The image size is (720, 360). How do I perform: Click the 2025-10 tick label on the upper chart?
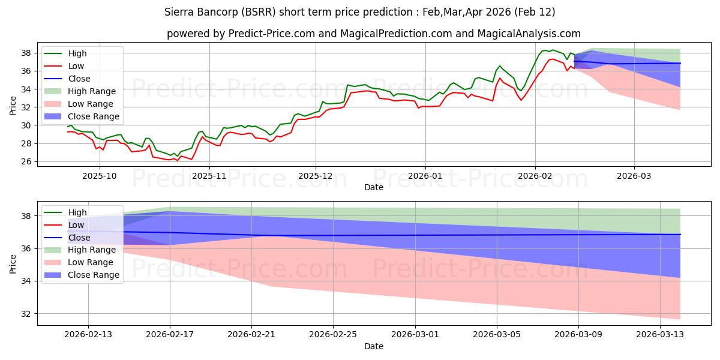pyautogui.click(x=100, y=176)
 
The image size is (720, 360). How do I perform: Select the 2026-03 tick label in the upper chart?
pyautogui.click(x=634, y=176)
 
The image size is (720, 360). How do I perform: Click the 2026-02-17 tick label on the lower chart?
pyautogui.click(x=170, y=335)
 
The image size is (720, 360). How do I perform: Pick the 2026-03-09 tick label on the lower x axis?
pyautogui.click(x=579, y=335)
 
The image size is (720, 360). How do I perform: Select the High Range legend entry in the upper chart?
pyautogui.click(x=91, y=91)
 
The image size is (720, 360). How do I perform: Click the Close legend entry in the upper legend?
pyautogui.click(x=79, y=79)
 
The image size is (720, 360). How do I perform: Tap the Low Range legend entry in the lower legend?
pyautogui.click(x=90, y=262)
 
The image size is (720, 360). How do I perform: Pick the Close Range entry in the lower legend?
pyautogui.click(x=93, y=275)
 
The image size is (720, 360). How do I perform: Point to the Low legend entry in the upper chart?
pyautogui.click(x=76, y=66)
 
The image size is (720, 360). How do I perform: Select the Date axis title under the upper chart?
pyautogui.click(x=374, y=188)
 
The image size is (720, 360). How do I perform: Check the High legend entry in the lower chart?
pyautogui.click(x=77, y=212)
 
